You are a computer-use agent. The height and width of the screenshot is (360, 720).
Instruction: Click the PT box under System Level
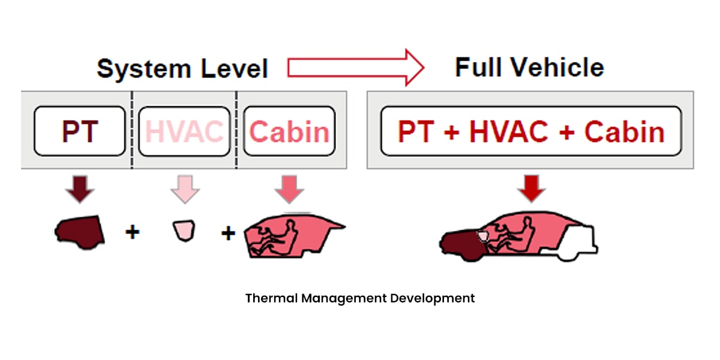point(80,131)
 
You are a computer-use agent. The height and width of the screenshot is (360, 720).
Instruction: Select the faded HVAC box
point(185,131)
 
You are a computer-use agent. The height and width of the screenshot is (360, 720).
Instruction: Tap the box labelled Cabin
point(289,131)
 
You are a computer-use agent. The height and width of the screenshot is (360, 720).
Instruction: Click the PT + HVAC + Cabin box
point(531,131)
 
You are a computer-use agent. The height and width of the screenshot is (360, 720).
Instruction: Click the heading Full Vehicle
point(529,67)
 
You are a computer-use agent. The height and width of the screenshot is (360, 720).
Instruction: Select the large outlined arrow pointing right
point(355,67)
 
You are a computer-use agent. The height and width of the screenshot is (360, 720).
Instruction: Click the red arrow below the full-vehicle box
point(531,189)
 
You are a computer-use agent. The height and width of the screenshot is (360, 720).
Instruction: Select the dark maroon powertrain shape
point(79,230)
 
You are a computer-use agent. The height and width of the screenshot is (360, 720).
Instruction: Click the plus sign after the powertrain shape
point(132,232)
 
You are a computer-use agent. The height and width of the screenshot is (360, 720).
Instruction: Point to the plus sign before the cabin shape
point(228,233)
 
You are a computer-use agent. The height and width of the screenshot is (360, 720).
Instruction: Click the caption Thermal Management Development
point(360,298)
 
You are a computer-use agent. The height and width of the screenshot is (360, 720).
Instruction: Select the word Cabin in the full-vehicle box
point(624,131)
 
